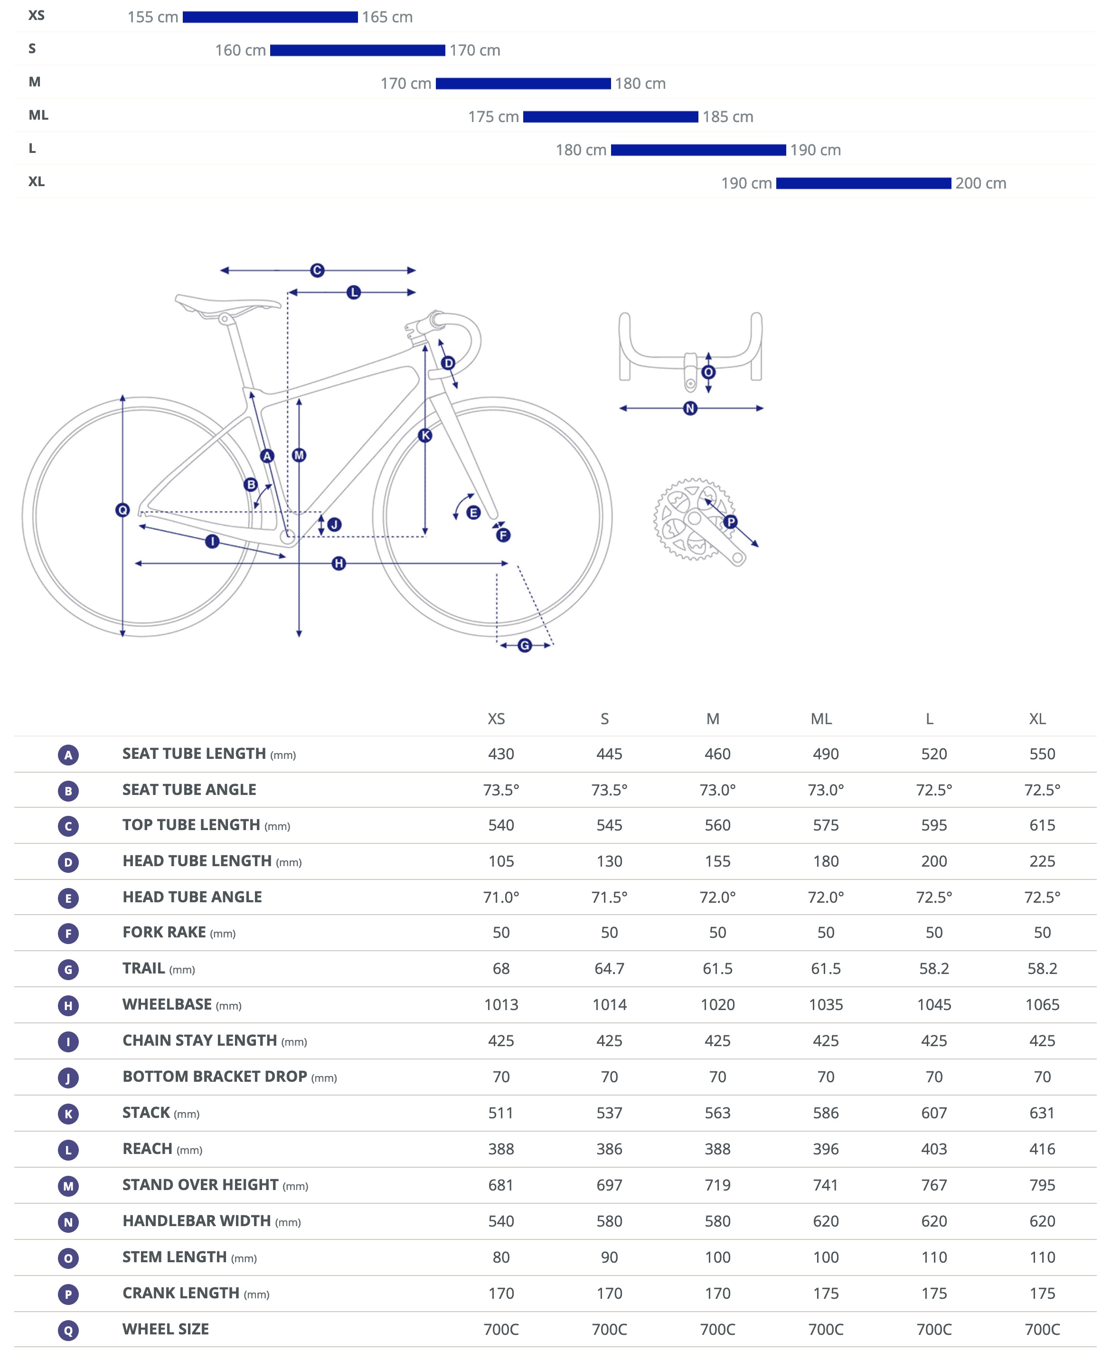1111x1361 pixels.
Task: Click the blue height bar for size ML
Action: (x=610, y=116)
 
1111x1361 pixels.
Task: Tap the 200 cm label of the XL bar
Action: (x=980, y=183)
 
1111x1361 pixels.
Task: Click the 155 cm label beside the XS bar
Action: (x=152, y=17)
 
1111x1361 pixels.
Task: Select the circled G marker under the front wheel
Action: (x=525, y=645)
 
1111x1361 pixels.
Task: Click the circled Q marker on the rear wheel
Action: (x=122, y=510)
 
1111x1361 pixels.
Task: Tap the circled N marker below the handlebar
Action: (x=690, y=408)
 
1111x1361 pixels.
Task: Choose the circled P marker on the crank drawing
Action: (x=730, y=522)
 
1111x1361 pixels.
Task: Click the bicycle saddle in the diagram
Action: (x=227, y=304)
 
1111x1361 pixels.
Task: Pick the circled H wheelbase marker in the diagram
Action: (x=339, y=563)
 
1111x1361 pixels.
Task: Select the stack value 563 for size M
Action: (x=717, y=1113)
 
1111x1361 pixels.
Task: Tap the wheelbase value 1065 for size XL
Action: (x=1042, y=1005)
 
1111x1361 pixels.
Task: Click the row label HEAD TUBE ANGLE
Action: (x=192, y=897)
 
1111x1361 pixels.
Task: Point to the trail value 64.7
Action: (x=609, y=969)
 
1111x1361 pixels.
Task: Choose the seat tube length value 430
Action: (x=501, y=754)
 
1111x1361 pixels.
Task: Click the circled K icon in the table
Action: (x=68, y=1114)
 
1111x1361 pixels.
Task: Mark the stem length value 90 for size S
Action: (x=609, y=1257)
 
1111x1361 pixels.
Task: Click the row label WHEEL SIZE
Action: (x=166, y=1329)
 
